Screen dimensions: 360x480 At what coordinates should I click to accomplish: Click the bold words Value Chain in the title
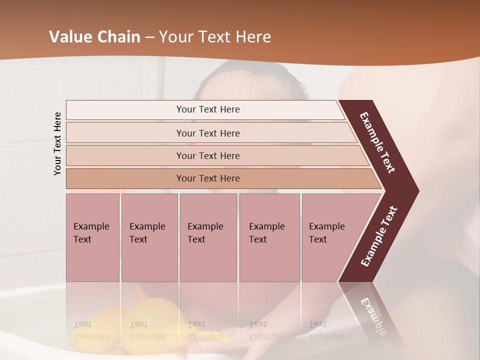tap(94, 37)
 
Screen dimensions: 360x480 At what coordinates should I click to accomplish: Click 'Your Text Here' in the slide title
tap(215, 37)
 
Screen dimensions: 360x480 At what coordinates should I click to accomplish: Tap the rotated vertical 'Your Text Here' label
tap(57, 143)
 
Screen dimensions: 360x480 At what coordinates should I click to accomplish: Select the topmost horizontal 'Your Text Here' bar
tap(207, 109)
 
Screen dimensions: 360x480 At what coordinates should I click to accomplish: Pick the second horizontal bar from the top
tap(207, 133)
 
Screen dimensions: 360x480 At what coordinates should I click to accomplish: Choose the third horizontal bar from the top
tap(207, 155)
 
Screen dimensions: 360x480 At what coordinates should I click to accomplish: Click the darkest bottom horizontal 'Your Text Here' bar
tap(207, 178)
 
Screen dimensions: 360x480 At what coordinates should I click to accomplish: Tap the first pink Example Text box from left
tap(92, 237)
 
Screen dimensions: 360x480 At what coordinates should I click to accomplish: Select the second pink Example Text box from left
tap(149, 237)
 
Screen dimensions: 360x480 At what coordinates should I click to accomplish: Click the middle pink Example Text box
tap(208, 237)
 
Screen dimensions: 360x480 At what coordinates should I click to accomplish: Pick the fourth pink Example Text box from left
tap(269, 237)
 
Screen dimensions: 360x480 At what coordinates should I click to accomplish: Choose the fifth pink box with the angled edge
tap(330, 237)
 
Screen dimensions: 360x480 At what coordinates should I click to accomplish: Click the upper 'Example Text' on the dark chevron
tap(378, 142)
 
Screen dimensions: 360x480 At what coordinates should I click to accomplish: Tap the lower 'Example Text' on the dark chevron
tap(378, 236)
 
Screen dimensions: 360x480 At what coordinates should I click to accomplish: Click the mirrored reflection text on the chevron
tap(375, 320)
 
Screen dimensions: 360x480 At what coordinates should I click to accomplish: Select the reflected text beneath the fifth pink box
tap(326, 330)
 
